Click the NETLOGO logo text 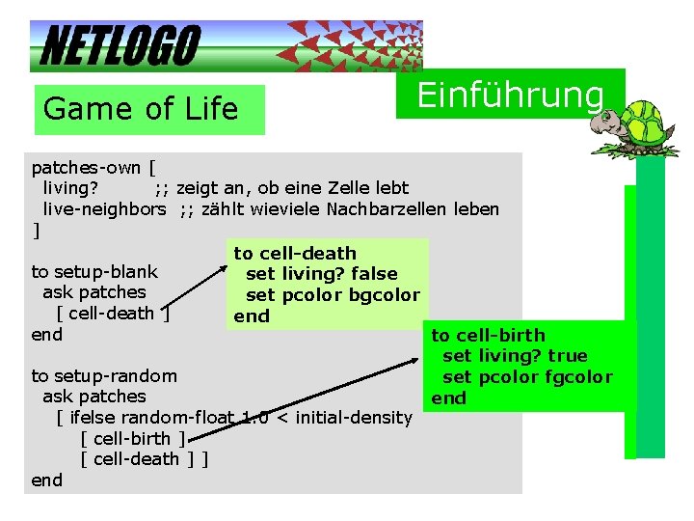(x=120, y=45)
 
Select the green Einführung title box (x=510, y=95)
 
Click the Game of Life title (x=141, y=109)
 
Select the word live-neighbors (x=104, y=208)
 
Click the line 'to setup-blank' (x=94, y=271)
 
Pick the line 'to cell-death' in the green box (x=295, y=253)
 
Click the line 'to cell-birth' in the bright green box (x=488, y=335)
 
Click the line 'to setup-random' (x=104, y=375)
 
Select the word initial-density (x=354, y=417)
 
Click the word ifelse (x=95, y=417)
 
